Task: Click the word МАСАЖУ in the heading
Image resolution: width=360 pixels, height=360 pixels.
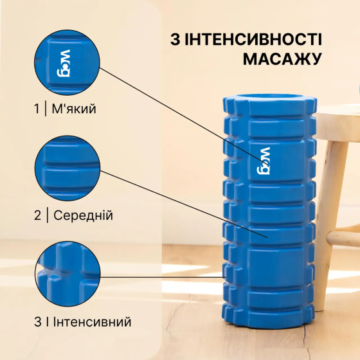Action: click(282, 60)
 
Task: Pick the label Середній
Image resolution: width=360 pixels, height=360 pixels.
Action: click(82, 215)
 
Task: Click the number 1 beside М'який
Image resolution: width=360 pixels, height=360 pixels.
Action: click(37, 109)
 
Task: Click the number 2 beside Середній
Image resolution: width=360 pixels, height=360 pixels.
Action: click(37, 215)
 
